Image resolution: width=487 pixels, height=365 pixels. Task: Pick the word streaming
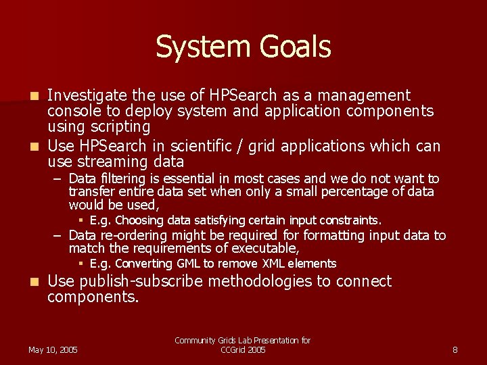(117, 162)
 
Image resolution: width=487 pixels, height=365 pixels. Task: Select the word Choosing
(139, 220)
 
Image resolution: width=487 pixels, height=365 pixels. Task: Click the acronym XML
(274, 264)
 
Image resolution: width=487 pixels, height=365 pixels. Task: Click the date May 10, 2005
(53, 349)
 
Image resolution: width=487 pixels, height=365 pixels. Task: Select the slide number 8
(455, 349)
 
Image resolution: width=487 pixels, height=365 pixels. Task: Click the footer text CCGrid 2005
(243, 349)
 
